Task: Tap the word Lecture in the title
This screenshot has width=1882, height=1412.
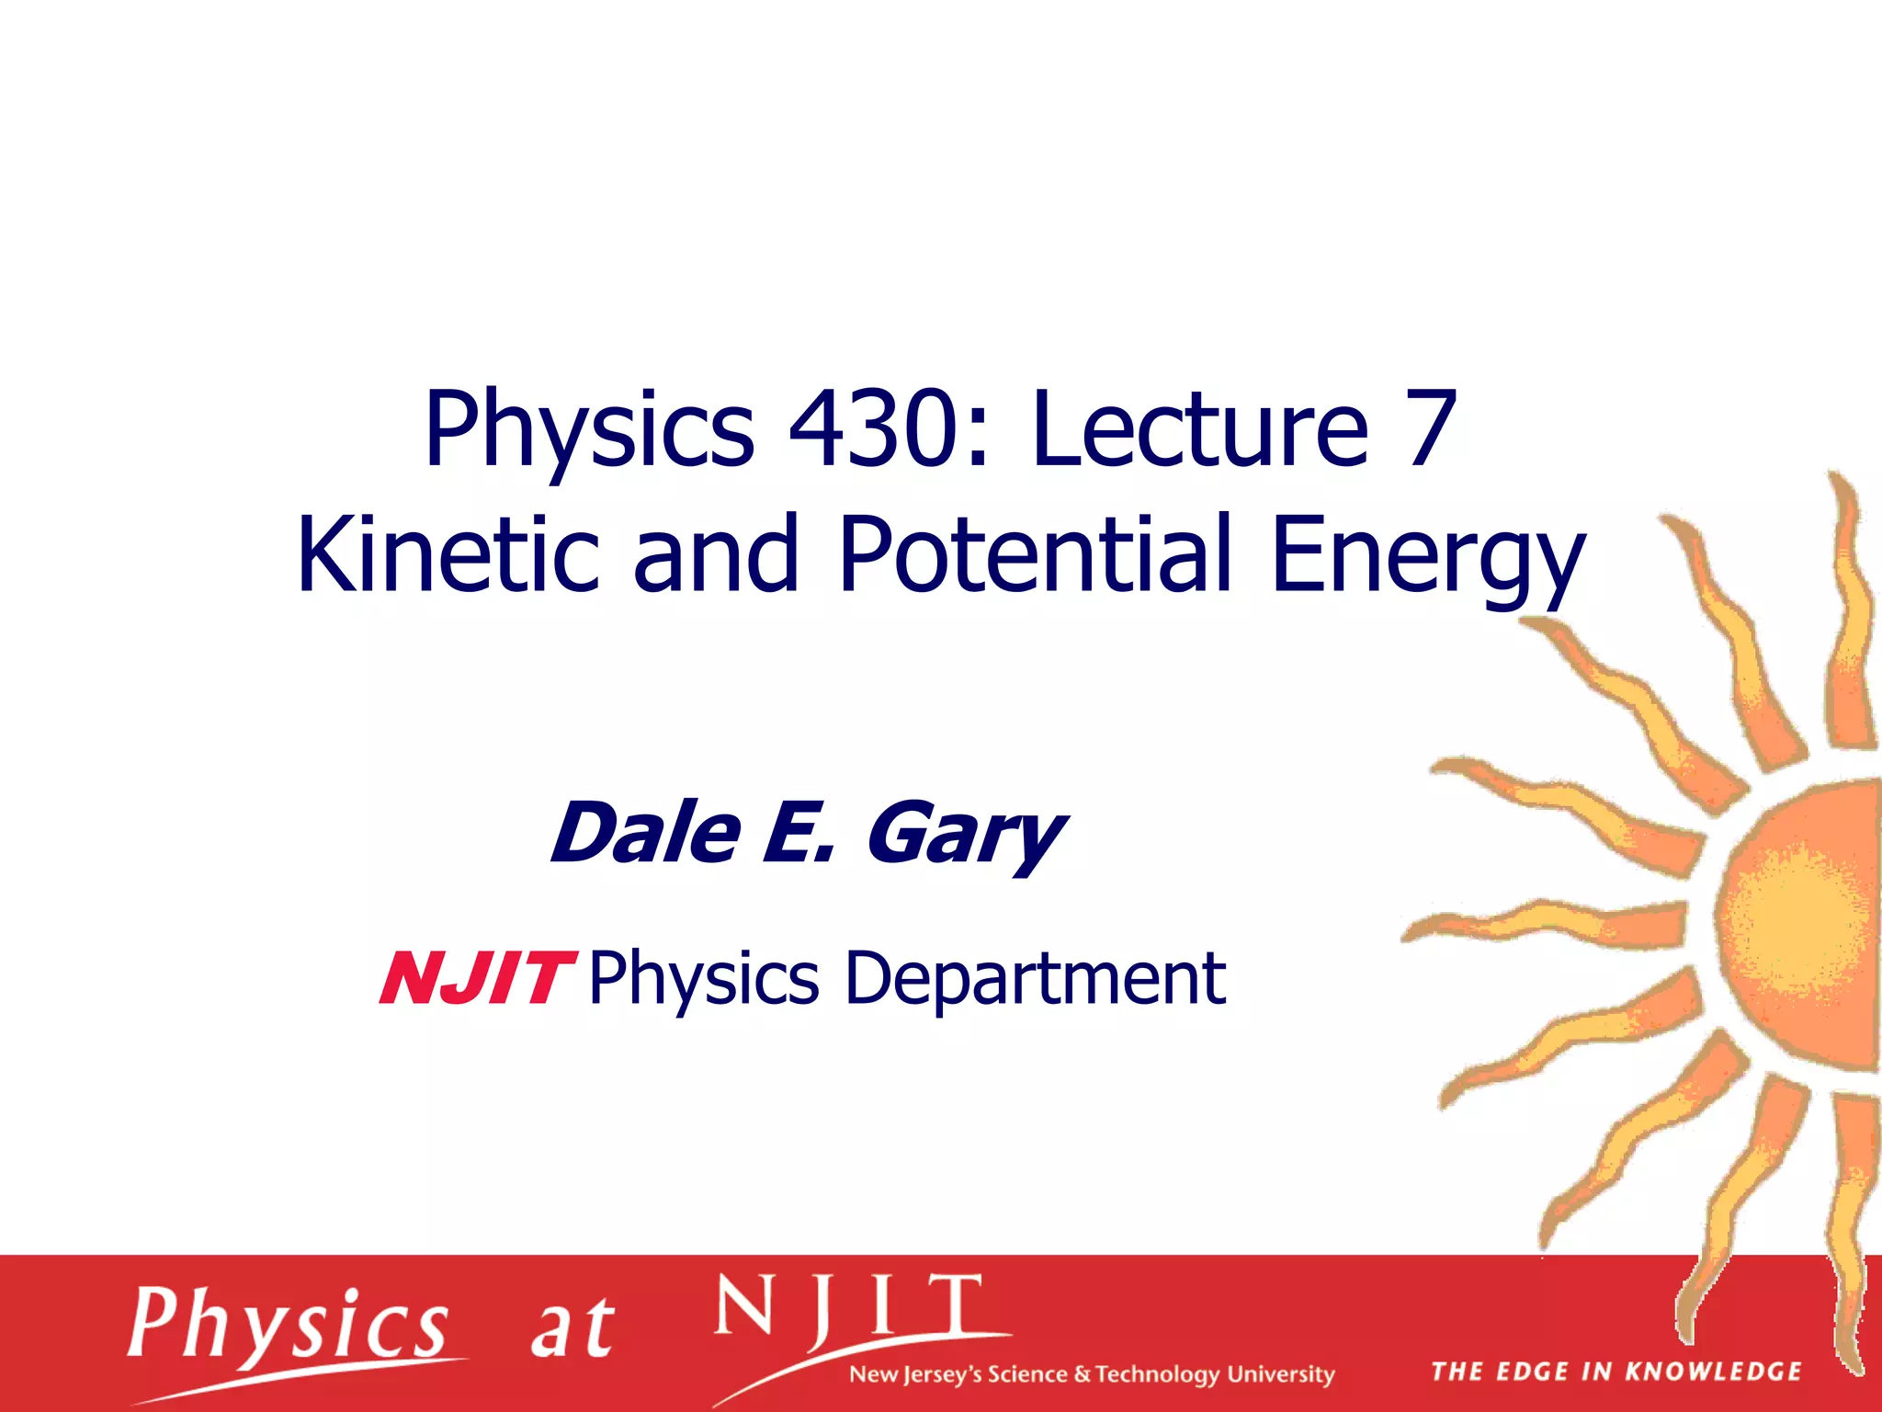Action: click(1199, 428)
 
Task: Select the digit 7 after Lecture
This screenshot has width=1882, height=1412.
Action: click(1425, 428)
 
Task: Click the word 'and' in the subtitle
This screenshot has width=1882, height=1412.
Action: click(716, 554)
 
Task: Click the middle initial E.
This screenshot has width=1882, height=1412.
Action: click(795, 832)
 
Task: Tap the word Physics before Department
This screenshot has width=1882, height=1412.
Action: click(703, 980)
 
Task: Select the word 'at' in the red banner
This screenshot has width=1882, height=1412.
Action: click(572, 1328)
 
